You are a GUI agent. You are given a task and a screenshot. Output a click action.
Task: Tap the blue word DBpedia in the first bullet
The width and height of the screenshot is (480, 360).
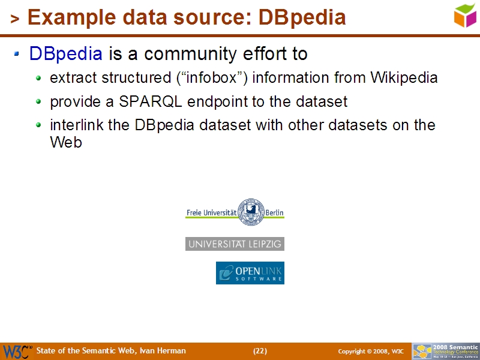point(65,55)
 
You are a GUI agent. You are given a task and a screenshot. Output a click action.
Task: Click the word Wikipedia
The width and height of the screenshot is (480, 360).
point(404,78)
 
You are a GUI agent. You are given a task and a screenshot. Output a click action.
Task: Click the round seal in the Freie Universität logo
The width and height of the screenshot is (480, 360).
point(251,212)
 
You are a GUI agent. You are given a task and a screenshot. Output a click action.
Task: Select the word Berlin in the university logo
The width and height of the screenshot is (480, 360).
point(274,212)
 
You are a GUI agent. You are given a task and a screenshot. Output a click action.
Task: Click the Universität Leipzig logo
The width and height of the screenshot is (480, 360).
point(235,244)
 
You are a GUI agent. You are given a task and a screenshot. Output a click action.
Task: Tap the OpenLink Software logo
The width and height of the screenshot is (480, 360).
point(250,273)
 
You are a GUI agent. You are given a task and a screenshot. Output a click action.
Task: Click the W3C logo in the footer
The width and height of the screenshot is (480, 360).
point(16,351)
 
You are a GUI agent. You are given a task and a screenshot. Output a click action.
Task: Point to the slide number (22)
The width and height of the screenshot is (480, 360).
point(260,351)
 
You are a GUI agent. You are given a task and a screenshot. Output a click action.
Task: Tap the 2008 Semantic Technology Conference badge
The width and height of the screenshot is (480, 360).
point(446,351)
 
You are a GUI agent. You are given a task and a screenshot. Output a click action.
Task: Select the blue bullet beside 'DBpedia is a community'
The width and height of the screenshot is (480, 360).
point(17,55)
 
